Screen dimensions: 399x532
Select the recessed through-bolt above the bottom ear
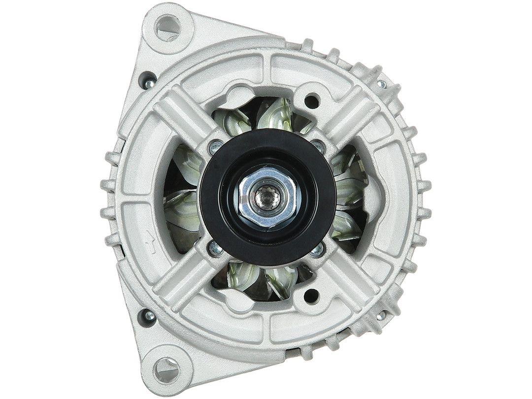point(146,314)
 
